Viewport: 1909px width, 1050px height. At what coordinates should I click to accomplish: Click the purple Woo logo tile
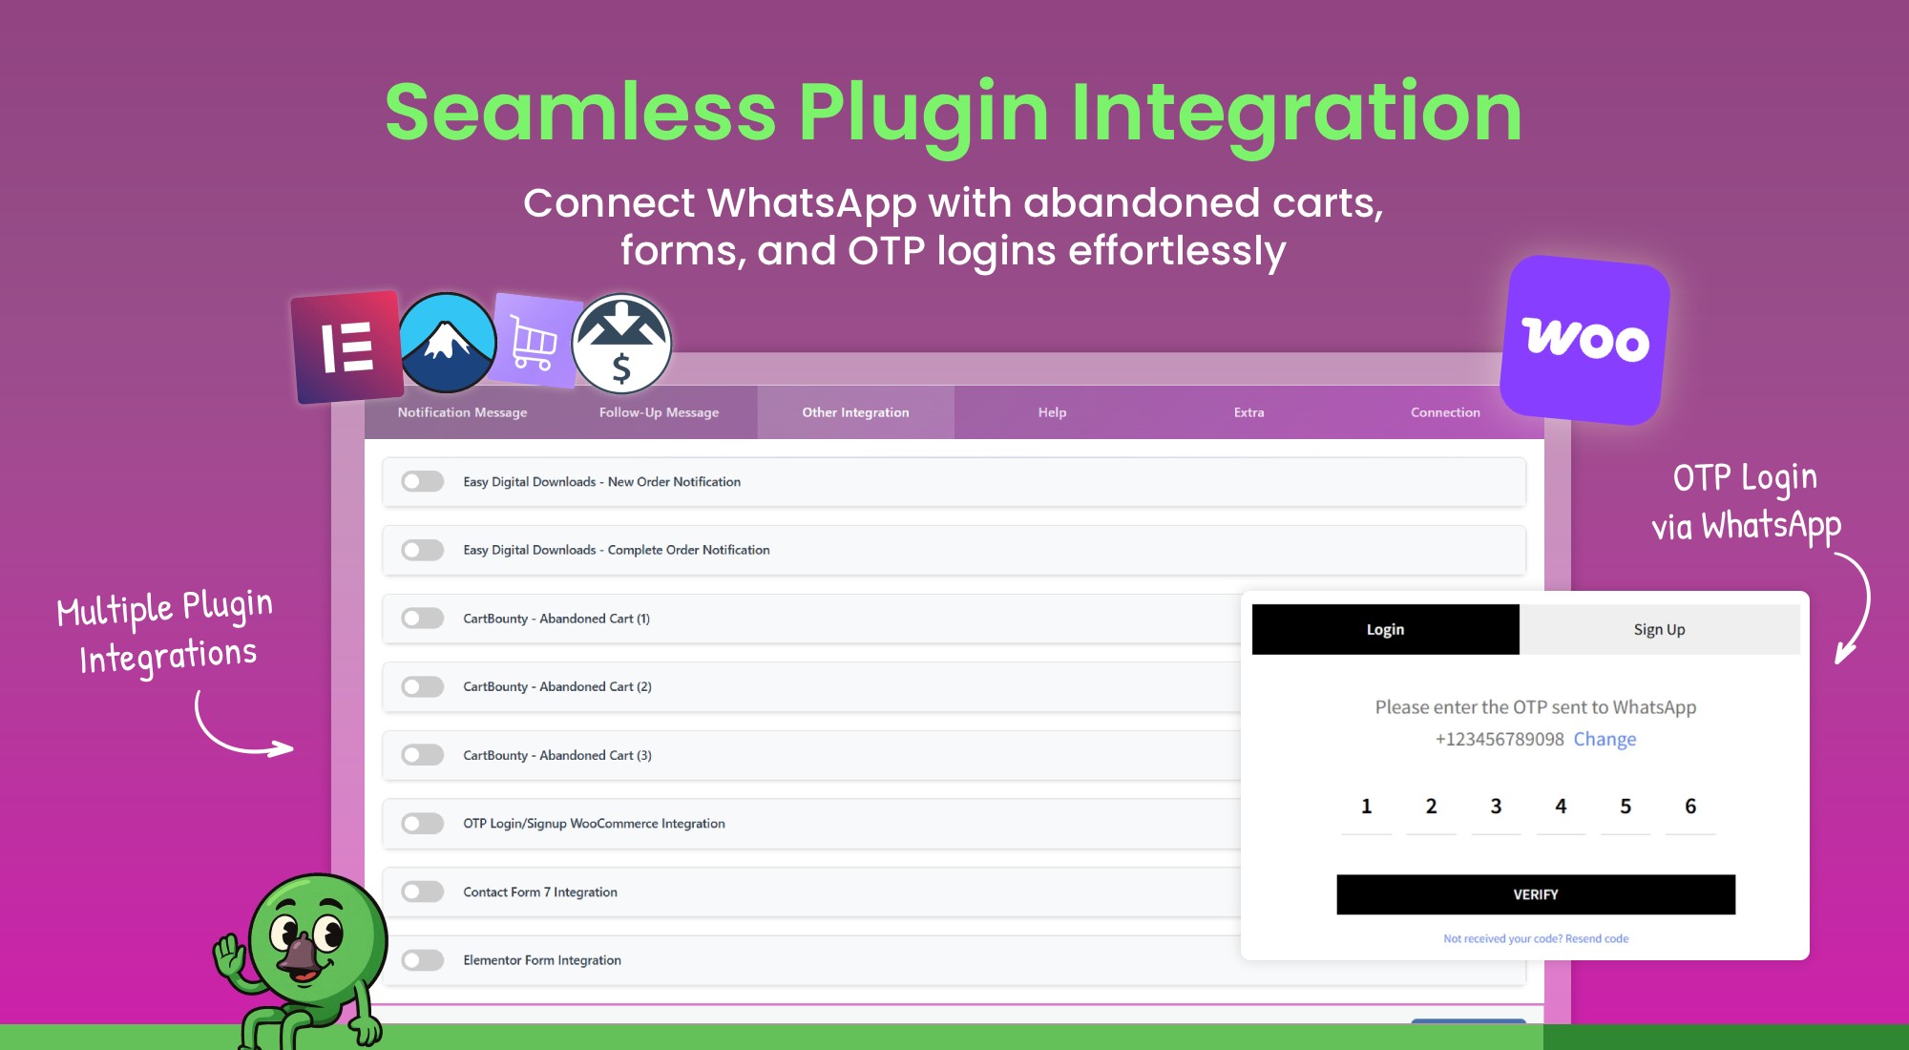pyautogui.click(x=1584, y=340)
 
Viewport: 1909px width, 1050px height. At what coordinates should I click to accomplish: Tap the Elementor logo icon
pyautogui.click(x=346, y=346)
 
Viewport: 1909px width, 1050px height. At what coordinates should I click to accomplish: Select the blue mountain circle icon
pyautogui.click(x=447, y=343)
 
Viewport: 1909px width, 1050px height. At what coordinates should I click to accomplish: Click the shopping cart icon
pyautogui.click(x=535, y=341)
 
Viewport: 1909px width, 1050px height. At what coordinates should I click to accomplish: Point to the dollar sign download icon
pyautogui.click(x=621, y=344)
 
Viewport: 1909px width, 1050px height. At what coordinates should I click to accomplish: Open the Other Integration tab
pyautogui.click(x=855, y=412)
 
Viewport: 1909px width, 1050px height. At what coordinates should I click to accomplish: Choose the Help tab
pyautogui.click(x=1052, y=412)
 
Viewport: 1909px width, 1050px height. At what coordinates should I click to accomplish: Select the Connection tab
pyautogui.click(x=1445, y=412)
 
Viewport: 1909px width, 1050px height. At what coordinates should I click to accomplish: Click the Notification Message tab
pyautogui.click(x=462, y=412)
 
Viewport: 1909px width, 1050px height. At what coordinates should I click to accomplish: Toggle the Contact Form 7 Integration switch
pyautogui.click(x=422, y=892)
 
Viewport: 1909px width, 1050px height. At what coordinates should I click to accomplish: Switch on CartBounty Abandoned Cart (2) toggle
pyautogui.click(x=422, y=686)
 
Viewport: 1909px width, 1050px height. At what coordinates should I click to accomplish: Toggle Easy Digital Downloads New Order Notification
pyautogui.click(x=422, y=481)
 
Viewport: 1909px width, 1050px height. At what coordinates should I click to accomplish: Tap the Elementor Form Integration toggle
pyautogui.click(x=422, y=960)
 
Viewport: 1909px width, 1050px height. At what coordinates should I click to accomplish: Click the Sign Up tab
pyautogui.click(x=1659, y=629)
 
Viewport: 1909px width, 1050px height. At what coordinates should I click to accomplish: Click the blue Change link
pyautogui.click(x=1605, y=739)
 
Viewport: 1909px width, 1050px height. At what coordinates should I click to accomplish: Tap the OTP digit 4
pyautogui.click(x=1561, y=807)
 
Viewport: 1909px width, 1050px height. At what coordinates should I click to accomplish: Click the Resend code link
pyautogui.click(x=1597, y=938)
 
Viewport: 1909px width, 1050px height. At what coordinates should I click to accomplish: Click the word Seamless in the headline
pyautogui.click(x=580, y=113)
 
